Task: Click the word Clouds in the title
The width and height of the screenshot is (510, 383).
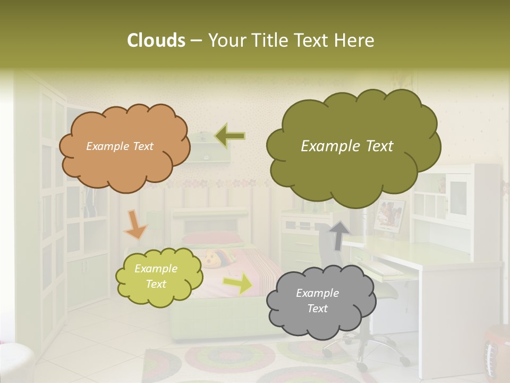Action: [156, 40]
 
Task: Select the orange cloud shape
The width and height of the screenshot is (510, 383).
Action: [124, 146]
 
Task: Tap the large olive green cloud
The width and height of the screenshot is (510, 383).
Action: [353, 147]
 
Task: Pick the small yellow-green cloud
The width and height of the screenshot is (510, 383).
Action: [159, 277]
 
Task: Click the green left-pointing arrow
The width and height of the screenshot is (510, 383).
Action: [230, 136]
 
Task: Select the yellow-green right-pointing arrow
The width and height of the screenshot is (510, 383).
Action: [239, 283]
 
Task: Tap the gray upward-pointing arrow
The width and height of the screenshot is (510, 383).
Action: [339, 234]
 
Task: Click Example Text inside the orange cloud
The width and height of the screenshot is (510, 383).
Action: [120, 146]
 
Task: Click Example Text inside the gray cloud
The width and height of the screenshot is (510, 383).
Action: [317, 301]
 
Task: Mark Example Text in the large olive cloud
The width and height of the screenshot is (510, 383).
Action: [347, 146]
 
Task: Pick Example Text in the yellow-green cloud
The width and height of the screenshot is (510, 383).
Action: [156, 277]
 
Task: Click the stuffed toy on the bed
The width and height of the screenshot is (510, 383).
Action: [215, 260]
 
